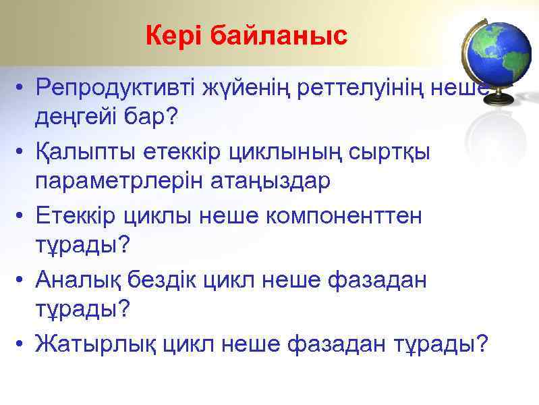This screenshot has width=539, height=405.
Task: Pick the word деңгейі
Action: point(76,117)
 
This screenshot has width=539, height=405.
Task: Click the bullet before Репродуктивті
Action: point(22,88)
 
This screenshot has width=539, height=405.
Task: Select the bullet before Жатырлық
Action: point(22,345)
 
